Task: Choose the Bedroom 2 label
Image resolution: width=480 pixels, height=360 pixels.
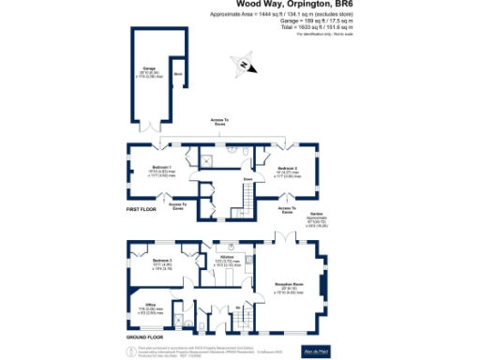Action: pos(299,170)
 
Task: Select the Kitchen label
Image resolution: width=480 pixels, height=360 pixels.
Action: pos(226,256)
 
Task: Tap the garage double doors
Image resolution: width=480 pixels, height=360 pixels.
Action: pos(152,127)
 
